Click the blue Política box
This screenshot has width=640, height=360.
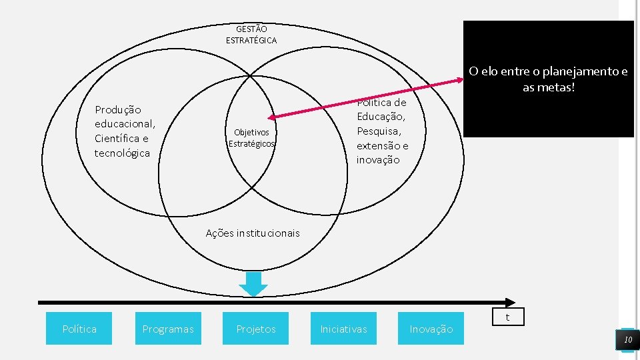(x=79, y=329)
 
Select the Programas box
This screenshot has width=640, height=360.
(x=168, y=329)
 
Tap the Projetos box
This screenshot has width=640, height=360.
(x=256, y=329)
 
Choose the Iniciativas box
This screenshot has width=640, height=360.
(x=343, y=329)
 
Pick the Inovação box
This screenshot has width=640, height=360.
(x=431, y=329)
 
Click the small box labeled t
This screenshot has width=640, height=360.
(x=508, y=317)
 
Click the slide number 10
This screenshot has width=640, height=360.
(x=627, y=340)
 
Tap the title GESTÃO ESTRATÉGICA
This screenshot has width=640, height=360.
(x=251, y=35)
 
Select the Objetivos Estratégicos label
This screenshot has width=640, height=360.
(x=251, y=138)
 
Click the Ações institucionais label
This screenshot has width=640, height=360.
(x=253, y=233)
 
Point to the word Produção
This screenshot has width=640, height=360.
(x=118, y=109)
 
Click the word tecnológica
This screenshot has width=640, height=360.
(x=123, y=153)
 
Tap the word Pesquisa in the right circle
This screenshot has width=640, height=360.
(x=379, y=131)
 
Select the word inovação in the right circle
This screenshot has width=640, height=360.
(x=378, y=160)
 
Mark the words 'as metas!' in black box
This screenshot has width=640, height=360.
(x=549, y=88)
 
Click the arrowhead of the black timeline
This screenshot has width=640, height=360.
(x=511, y=302)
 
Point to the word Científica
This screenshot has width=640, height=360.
(x=121, y=139)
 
